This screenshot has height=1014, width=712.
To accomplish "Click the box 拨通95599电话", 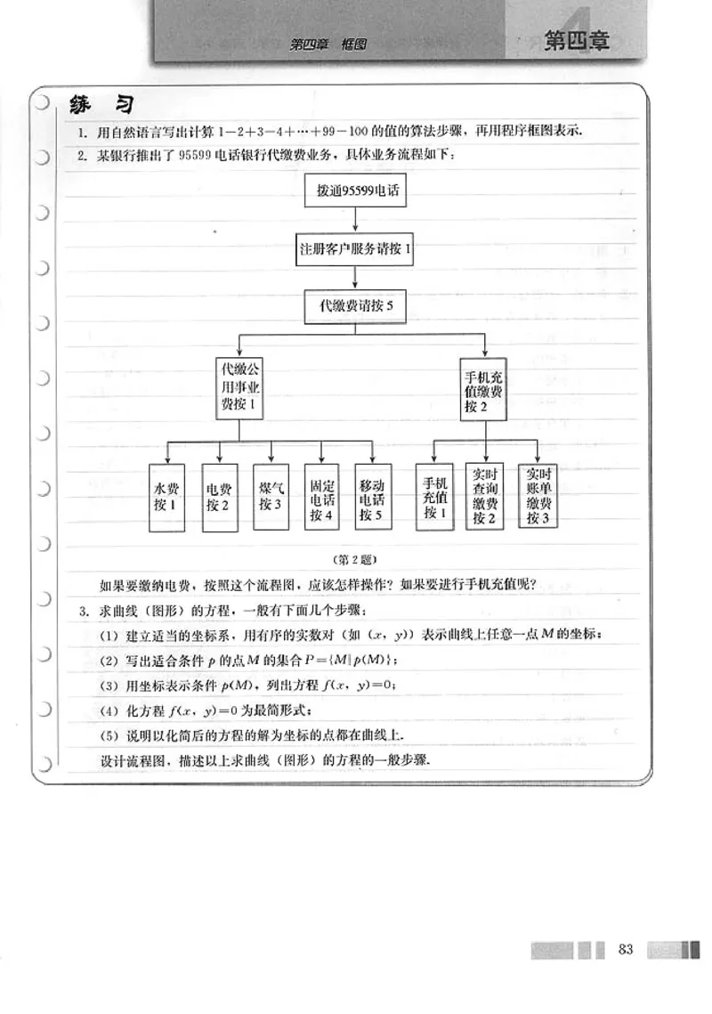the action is (355, 191).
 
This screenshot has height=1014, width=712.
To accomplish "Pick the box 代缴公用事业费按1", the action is (239, 387).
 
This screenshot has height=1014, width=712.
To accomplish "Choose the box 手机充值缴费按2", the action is (484, 388).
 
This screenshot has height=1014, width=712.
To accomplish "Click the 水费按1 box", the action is (165, 497).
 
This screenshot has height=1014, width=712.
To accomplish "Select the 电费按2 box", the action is (217, 497).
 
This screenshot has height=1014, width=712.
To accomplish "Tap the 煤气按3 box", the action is (270, 497).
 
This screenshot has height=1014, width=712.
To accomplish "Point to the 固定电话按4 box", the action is (321, 497).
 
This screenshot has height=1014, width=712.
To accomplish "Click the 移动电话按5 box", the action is (373, 497).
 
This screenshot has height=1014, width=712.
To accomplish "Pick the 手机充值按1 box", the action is (433, 497).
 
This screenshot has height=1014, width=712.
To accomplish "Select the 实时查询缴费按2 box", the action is (485, 497).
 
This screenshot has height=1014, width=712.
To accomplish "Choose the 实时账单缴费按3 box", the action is (538, 497).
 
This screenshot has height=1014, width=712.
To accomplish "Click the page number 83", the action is (625, 949).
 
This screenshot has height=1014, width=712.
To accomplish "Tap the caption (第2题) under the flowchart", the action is (355, 559).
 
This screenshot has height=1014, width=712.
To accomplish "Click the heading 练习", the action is (101, 105).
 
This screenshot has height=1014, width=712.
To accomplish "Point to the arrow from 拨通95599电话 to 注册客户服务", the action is (356, 220).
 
